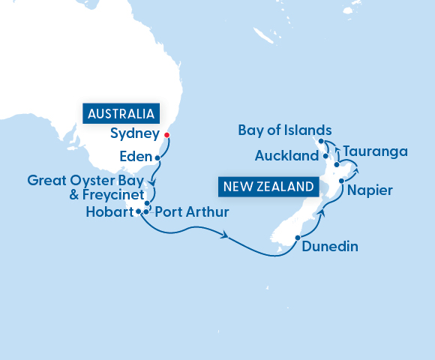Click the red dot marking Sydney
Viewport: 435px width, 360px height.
[166, 136]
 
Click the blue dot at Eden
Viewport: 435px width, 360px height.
[157, 158]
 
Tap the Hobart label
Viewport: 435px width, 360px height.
[109, 212]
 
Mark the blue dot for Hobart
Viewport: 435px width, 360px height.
[139, 211]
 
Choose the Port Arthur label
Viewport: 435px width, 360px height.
[190, 212]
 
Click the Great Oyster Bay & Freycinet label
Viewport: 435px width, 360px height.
[85, 187]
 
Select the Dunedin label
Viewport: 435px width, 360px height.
[331, 246]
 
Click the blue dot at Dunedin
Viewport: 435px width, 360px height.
[298, 238]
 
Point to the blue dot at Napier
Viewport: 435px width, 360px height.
[341, 181]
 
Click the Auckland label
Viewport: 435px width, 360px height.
[287, 157]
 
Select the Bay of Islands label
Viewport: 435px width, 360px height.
[284, 130]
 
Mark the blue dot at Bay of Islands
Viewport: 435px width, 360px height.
[320, 141]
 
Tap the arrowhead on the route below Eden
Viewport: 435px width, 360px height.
[152, 181]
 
